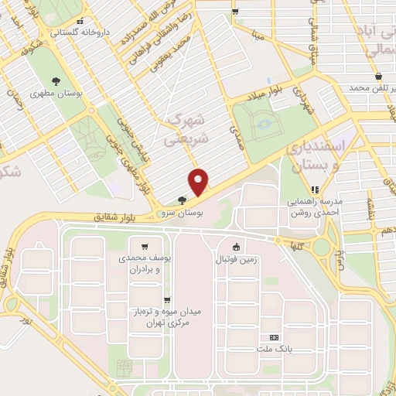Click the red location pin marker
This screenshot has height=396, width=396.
tap(200, 183)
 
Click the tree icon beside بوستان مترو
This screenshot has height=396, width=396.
tap(182, 200)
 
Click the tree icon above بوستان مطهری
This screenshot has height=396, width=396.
tap(56, 80)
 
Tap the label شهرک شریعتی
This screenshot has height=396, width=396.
tap(186, 131)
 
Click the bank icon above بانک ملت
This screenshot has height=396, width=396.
tap(274, 338)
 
